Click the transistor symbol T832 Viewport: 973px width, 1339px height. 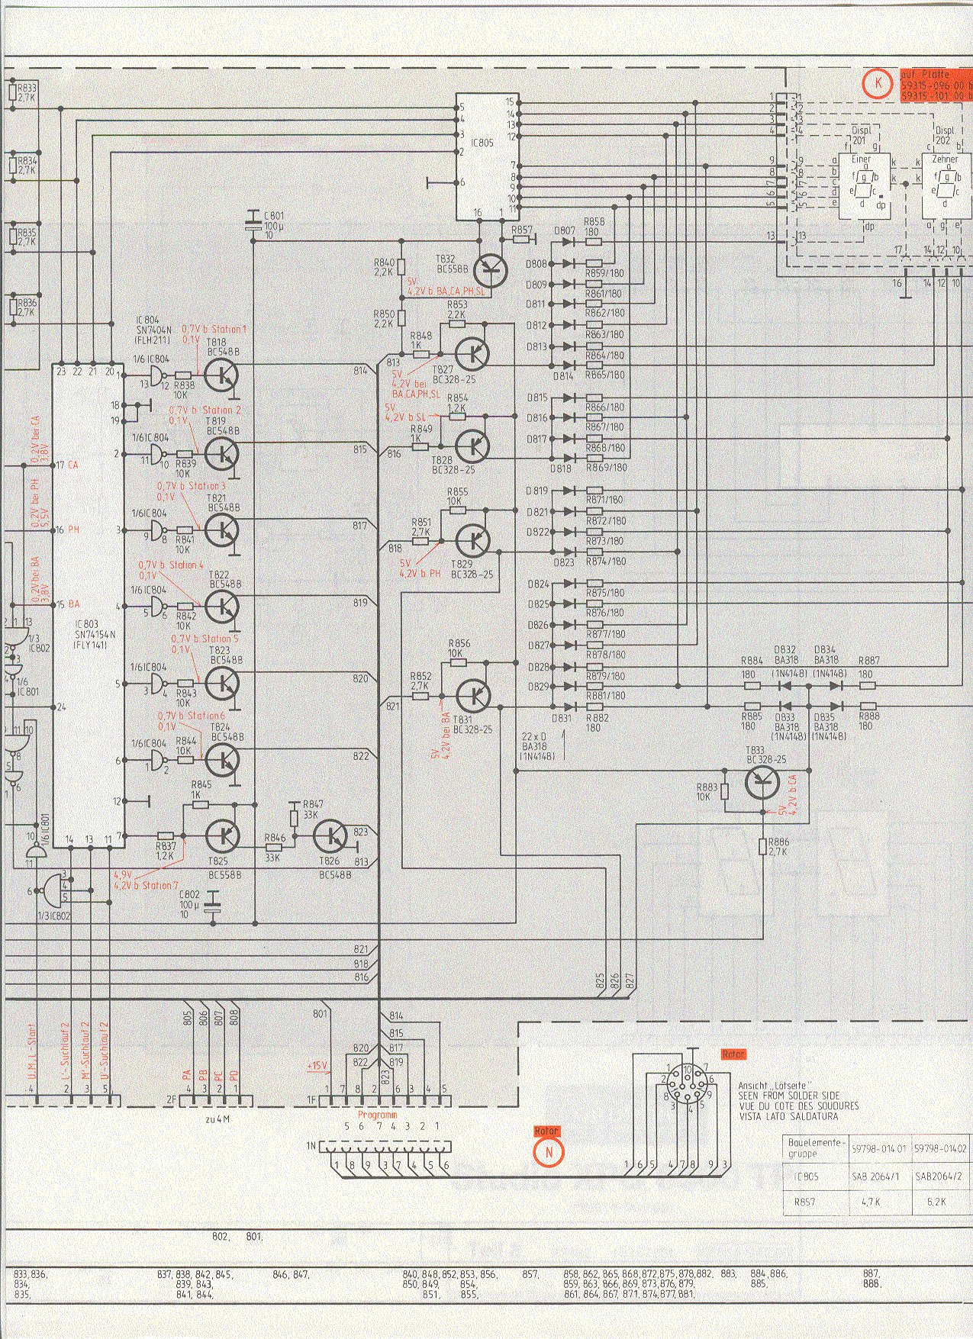point(490,269)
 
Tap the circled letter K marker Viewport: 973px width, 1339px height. point(878,82)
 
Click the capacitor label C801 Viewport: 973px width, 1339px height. point(274,215)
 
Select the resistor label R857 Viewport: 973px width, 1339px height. point(523,230)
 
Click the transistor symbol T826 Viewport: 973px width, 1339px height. point(332,836)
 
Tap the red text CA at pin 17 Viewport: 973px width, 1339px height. point(74,465)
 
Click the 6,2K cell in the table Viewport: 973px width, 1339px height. point(938,1201)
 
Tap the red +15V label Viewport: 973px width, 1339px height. point(316,1065)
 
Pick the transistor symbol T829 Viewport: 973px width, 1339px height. point(473,540)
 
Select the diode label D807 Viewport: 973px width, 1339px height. point(565,230)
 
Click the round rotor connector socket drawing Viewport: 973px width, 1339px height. point(688,1086)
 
